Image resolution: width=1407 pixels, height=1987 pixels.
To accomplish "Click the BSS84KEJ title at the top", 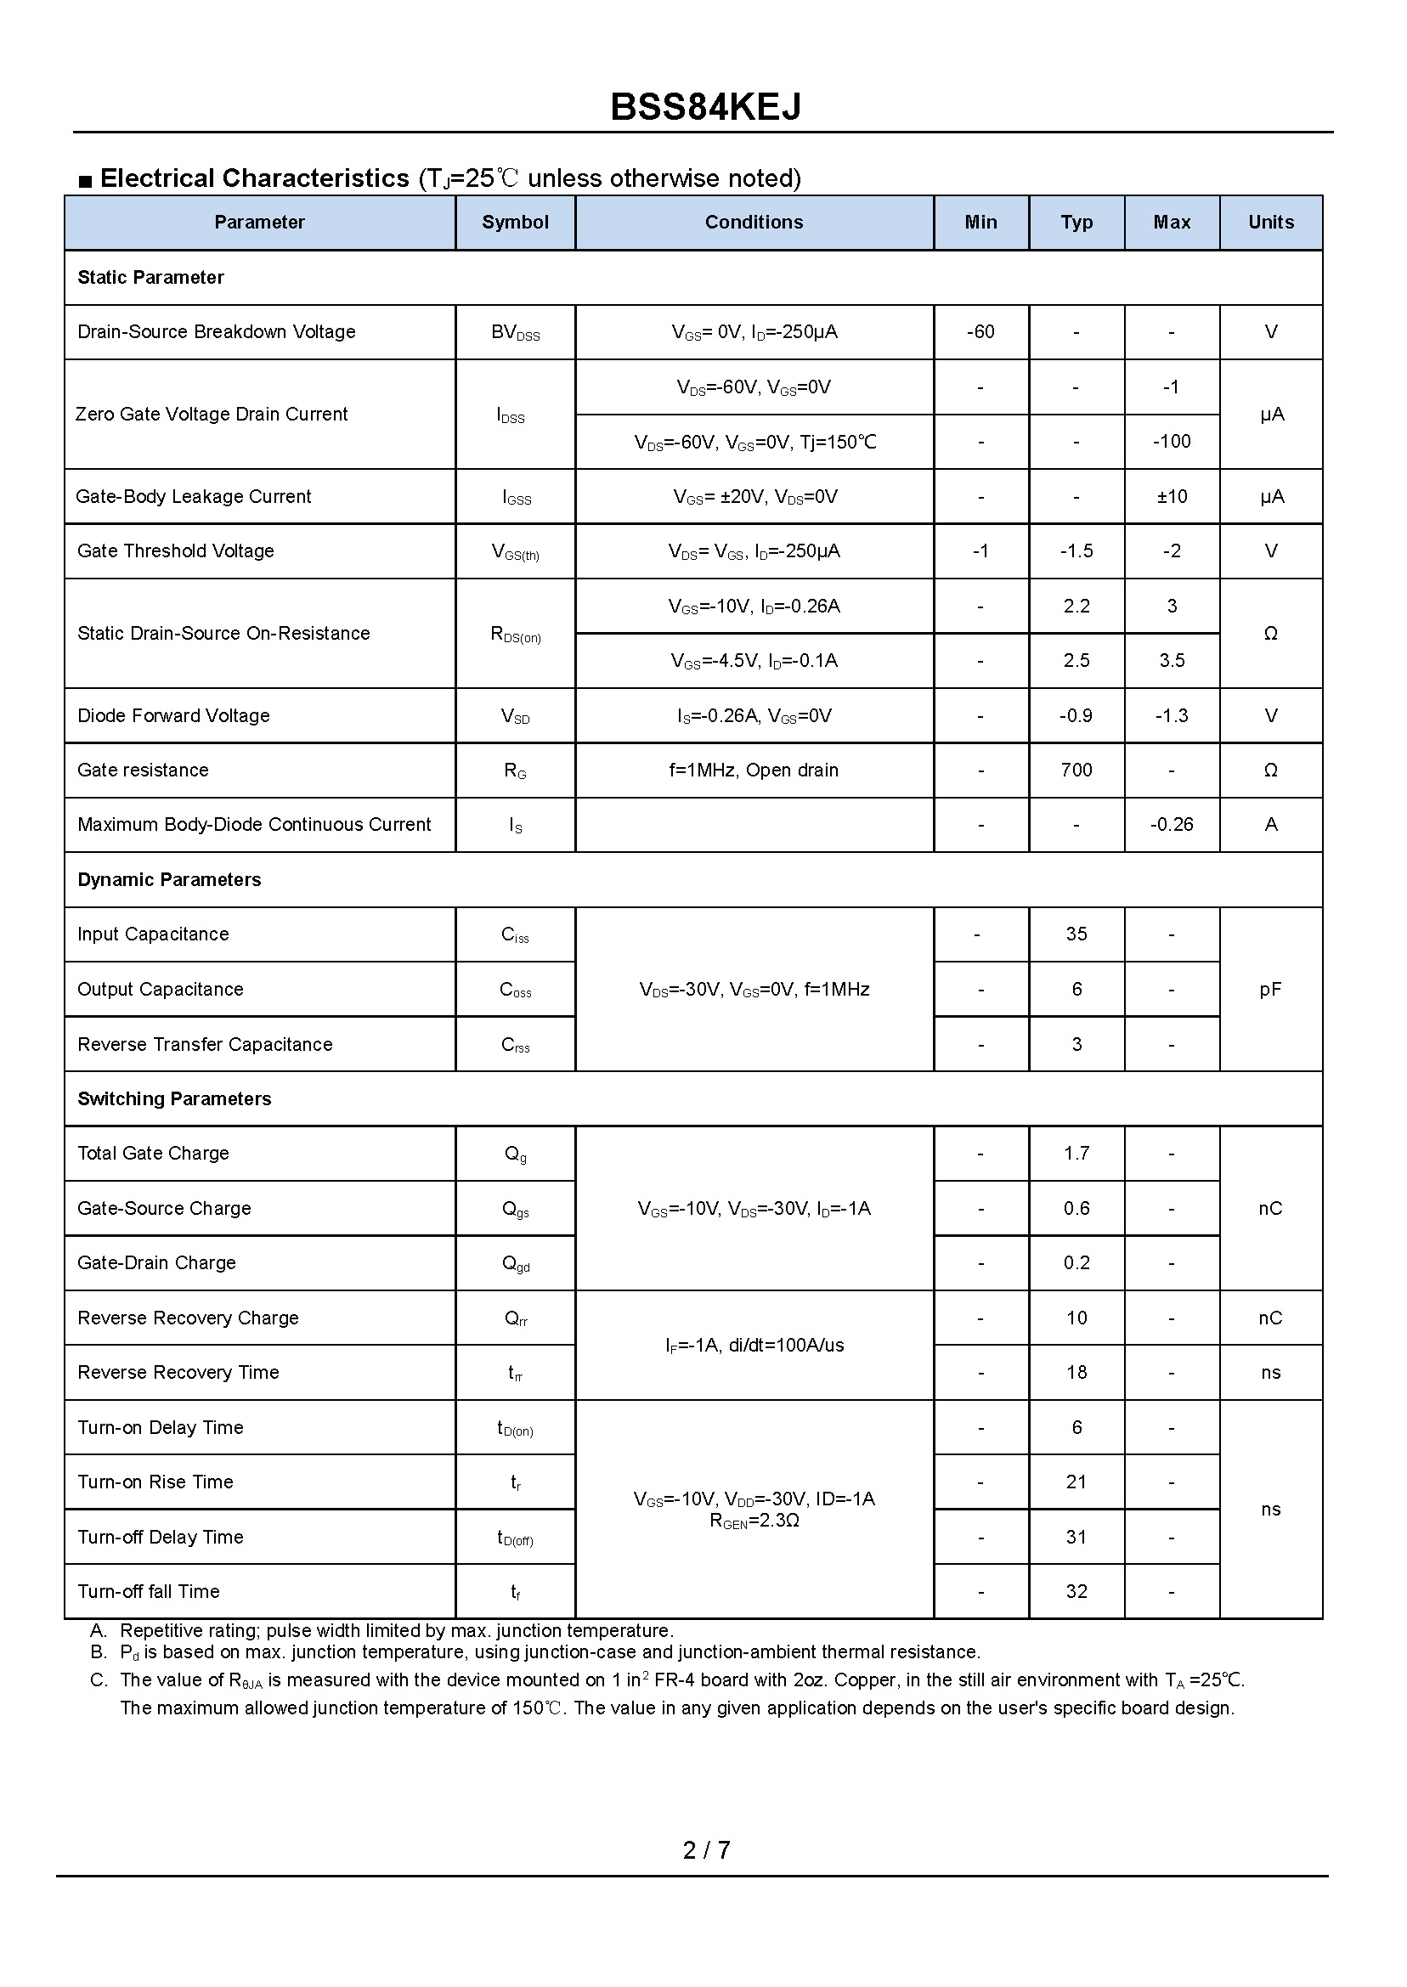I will [705, 107].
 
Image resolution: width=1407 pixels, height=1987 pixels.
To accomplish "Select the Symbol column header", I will [515, 223].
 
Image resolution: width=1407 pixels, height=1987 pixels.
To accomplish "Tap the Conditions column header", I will [754, 223].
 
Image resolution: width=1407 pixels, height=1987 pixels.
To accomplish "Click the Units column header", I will [1270, 223].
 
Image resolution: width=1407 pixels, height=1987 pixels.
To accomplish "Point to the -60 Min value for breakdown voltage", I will [980, 332].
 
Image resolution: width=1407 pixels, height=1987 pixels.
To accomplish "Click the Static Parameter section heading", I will [150, 277].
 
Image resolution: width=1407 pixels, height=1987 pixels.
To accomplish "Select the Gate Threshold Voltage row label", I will [176, 550].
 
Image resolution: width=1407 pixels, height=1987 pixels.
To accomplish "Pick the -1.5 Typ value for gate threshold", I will [1076, 550].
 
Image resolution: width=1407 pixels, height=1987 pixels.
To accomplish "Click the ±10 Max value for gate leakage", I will [1172, 496].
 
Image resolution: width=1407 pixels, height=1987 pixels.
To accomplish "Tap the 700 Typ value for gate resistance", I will [1076, 770].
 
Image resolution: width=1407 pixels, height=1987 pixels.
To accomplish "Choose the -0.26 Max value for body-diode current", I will [1172, 825].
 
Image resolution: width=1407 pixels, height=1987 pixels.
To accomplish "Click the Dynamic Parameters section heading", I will [169, 880].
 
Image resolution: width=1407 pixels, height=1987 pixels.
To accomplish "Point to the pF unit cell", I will [1270, 989].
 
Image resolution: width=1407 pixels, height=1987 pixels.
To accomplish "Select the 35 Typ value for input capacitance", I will [1076, 934].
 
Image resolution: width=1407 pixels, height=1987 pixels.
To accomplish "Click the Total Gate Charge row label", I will [153, 1153].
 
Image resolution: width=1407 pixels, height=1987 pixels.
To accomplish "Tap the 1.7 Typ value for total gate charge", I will [1076, 1153].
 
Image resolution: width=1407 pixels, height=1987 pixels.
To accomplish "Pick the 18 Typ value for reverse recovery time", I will [1076, 1372].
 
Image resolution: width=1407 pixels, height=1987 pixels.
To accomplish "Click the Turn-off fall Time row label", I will [149, 1591].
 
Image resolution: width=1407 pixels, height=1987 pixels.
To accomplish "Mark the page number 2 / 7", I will [706, 1850].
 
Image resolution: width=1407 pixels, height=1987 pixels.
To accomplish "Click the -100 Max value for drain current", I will [1172, 442].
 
